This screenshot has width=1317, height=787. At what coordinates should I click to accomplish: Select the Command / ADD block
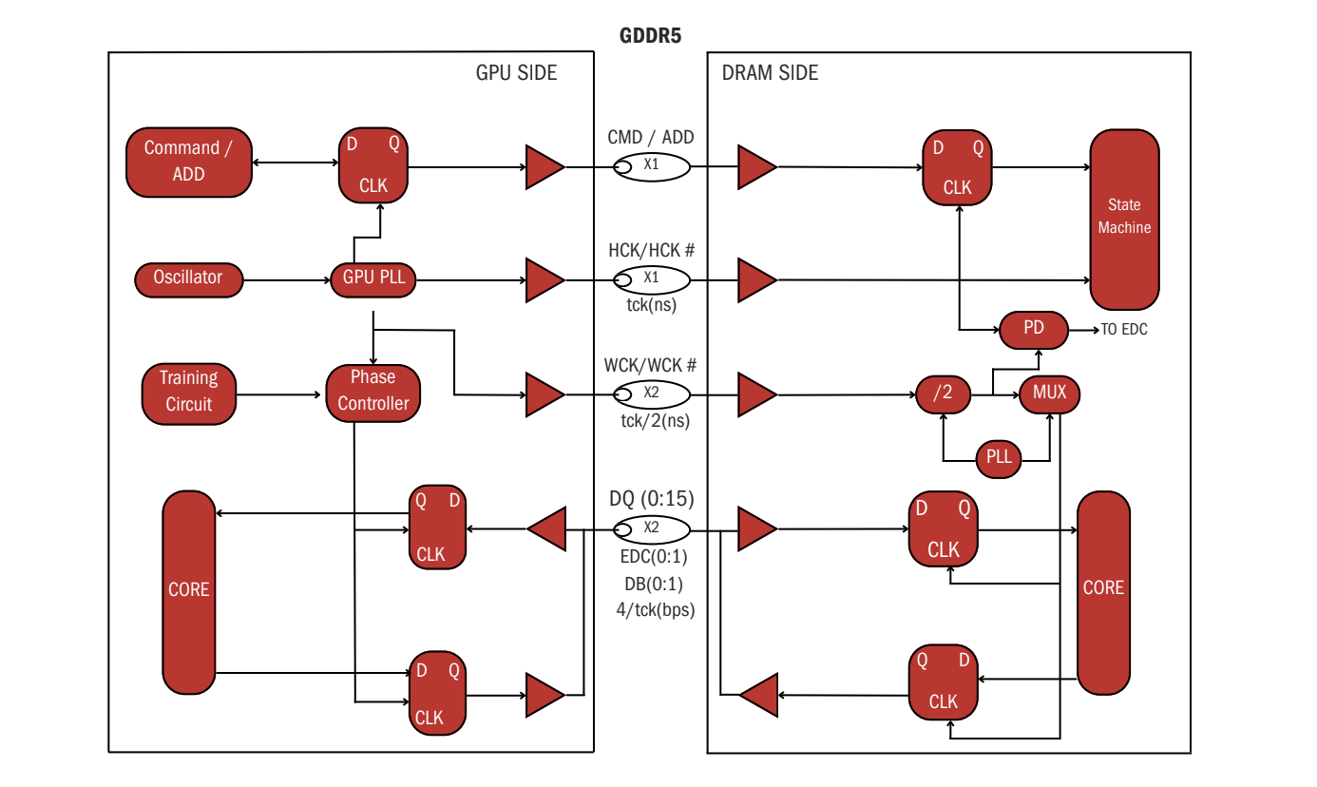[189, 162]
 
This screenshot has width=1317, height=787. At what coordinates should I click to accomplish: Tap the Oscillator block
[188, 278]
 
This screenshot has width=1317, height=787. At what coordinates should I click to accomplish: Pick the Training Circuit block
[189, 392]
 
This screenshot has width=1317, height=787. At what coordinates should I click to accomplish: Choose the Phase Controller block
[373, 392]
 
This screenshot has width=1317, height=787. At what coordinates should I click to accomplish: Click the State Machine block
[1124, 220]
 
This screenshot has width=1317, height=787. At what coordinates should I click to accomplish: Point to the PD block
[1034, 329]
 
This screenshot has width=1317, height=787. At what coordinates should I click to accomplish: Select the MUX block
[1050, 393]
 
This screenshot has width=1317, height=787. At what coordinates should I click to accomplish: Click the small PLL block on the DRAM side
[999, 458]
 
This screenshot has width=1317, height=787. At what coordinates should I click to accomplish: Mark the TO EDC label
[1124, 330]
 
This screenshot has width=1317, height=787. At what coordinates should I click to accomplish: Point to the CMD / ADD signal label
[651, 138]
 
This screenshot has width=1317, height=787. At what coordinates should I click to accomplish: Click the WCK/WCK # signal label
[651, 366]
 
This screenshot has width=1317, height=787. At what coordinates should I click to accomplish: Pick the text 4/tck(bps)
[656, 610]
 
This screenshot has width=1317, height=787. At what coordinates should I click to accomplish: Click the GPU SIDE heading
[516, 73]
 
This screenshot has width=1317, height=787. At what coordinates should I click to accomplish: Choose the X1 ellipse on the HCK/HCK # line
[651, 278]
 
